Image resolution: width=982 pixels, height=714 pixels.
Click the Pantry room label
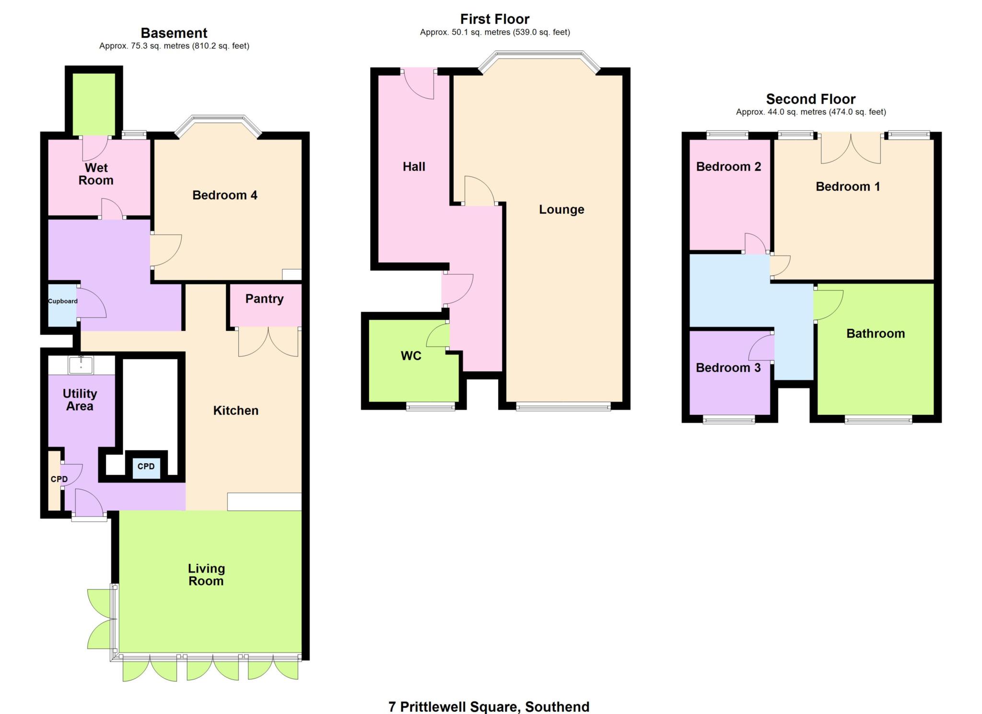point(264,299)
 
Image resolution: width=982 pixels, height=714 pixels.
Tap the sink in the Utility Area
point(81,365)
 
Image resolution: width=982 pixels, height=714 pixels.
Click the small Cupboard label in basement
point(62,301)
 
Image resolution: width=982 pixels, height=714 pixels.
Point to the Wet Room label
point(96,174)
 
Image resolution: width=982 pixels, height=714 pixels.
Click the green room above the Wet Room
point(94,104)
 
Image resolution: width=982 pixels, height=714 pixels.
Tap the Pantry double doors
point(269,341)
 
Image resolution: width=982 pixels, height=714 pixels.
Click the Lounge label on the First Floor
point(561,210)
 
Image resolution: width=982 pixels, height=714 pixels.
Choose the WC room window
point(430,407)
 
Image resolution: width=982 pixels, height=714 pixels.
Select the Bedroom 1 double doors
point(851,149)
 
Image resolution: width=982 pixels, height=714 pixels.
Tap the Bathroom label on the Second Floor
point(876,334)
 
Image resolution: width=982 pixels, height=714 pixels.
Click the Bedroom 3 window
point(729,420)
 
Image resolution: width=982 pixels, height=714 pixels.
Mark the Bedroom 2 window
point(727,135)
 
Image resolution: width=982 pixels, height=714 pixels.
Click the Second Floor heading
point(810,99)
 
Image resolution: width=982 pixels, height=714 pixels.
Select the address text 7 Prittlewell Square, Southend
point(489,706)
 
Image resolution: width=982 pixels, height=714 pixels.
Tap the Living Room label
point(206,574)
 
